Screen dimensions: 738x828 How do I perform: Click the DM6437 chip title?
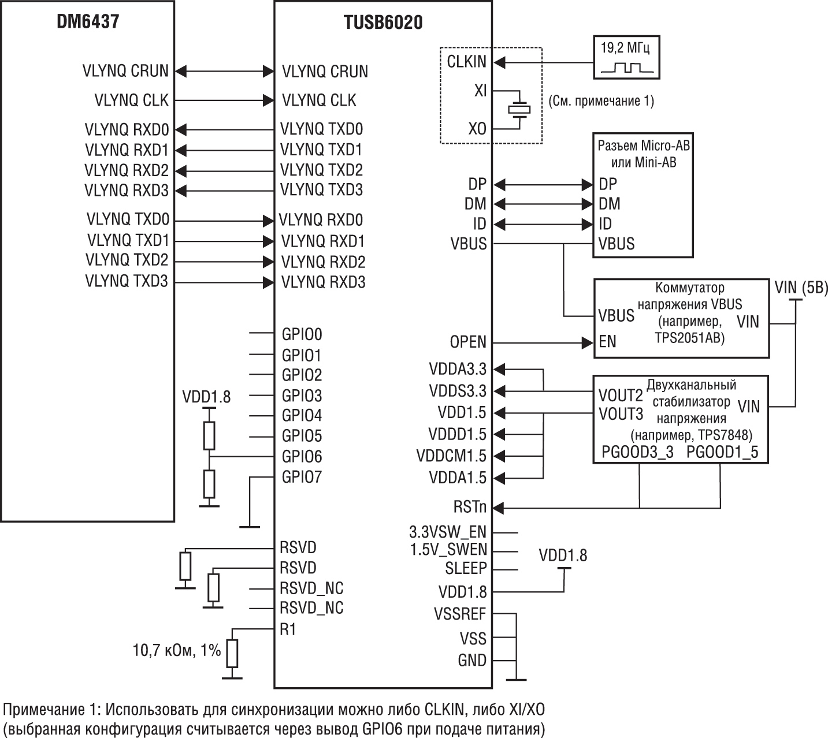(88, 22)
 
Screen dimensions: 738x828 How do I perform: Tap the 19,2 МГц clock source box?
(627, 57)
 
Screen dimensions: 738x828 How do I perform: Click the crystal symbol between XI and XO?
(518, 109)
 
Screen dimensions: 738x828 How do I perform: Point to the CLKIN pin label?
(466, 62)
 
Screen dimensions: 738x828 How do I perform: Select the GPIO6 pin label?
(301, 457)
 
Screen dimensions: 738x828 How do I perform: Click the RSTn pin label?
(469, 508)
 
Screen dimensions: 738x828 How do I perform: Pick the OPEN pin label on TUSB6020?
(468, 342)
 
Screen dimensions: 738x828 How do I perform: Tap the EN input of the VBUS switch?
(607, 342)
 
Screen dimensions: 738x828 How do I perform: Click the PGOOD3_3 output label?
(637, 452)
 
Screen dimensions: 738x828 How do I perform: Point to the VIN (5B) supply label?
(801, 288)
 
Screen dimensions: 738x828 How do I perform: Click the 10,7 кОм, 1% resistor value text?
(177, 650)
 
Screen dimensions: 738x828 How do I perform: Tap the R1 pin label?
(288, 629)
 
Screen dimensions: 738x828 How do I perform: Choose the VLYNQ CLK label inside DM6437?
(131, 100)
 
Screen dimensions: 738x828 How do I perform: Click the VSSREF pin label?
(460, 614)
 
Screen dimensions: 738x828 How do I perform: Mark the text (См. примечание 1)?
(600, 101)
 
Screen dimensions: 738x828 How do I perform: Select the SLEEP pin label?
(466, 569)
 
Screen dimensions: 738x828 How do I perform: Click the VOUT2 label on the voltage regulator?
(620, 396)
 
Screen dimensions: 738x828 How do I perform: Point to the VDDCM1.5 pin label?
(451, 456)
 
